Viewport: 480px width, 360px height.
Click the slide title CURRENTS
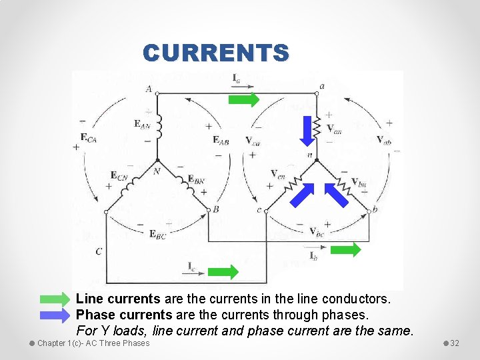coord(216,53)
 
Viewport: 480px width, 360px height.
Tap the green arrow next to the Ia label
coord(244,100)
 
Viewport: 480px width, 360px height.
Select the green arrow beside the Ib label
coord(346,249)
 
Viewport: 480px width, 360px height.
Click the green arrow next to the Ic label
coord(223,271)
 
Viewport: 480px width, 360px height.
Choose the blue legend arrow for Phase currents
coord(56,314)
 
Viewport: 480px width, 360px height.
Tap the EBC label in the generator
coord(158,234)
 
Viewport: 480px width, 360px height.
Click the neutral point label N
coord(157,171)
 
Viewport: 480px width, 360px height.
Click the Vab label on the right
coord(384,139)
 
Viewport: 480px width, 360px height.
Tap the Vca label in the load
coord(253,141)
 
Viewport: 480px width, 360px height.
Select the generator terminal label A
coord(147,89)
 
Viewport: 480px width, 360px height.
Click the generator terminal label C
coord(99,251)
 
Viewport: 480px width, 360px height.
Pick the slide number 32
coord(455,343)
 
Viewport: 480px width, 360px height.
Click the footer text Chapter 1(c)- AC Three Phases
coord(93,343)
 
